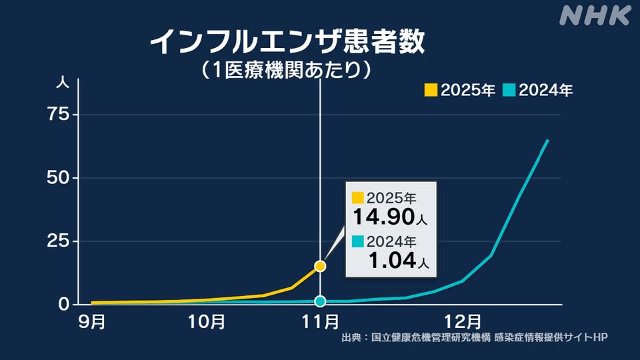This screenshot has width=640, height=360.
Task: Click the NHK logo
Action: [x=595, y=15]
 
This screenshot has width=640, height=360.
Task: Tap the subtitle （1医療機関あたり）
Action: [x=286, y=69]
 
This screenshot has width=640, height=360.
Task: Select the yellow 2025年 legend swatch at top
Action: [x=431, y=90]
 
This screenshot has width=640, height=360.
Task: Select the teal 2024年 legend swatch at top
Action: [x=509, y=90]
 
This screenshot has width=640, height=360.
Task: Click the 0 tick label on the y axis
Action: [x=63, y=304]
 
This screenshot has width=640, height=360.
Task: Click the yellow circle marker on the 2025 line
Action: [x=320, y=266]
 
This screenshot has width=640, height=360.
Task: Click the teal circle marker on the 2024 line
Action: [x=320, y=301]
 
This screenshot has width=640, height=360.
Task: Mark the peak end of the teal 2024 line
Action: [x=547, y=140]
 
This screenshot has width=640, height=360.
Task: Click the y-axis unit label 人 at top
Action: [x=61, y=84]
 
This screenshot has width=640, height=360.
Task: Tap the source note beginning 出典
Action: [x=474, y=337]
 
